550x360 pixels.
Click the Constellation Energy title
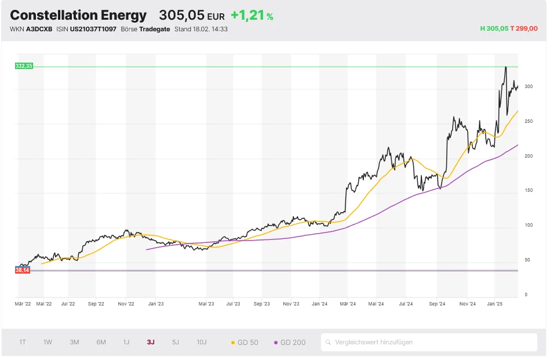click(x=78, y=15)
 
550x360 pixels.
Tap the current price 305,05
click(x=181, y=15)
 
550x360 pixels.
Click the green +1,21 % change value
click(x=252, y=15)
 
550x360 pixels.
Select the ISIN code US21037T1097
click(x=93, y=29)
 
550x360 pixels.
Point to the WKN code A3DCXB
click(x=39, y=29)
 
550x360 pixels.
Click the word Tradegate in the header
click(x=155, y=29)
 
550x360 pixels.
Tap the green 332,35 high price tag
click(x=24, y=66)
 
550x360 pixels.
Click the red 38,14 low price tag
click(x=23, y=270)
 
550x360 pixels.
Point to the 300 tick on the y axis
click(x=528, y=86)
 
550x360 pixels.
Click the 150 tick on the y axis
click(x=528, y=191)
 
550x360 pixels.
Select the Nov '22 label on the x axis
click(x=126, y=303)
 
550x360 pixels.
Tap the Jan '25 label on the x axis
click(x=494, y=303)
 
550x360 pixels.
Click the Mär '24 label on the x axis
click(x=348, y=303)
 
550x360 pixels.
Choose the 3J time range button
click(x=151, y=343)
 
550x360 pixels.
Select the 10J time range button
click(x=202, y=343)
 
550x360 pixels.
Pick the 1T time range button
click(x=23, y=343)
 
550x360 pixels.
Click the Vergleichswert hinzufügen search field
click(x=429, y=343)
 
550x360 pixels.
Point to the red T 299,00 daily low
click(x=524, y=28)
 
